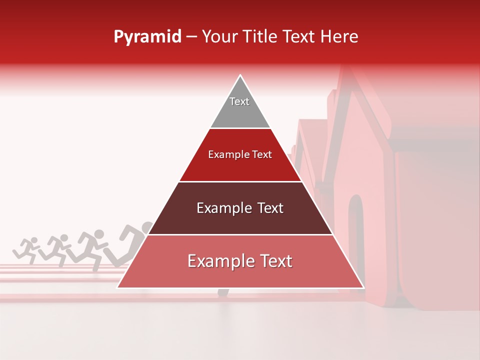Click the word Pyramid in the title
(147, 37)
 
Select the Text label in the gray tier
(239, 101)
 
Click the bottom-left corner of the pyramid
(117, 287)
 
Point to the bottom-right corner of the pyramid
(363, 287)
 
